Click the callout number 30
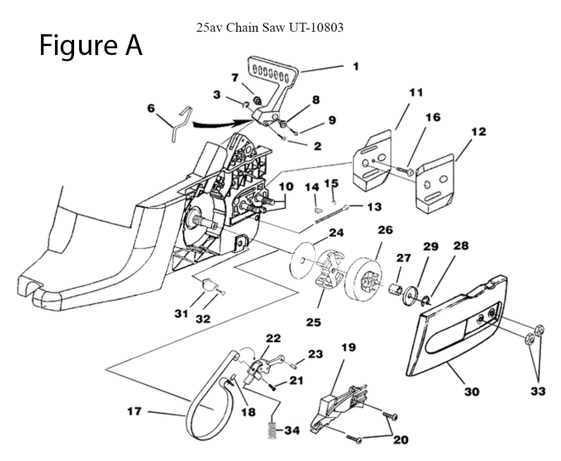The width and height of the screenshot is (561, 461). [471, 391]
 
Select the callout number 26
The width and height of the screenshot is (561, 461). [385, 230]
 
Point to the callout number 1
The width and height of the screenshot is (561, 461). [356, 66]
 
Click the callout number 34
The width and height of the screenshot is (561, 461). [292, 431]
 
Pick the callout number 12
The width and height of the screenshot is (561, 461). [479, 132]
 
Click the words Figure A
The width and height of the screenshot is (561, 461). [90, 45]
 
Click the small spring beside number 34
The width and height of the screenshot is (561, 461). [272, 431]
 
